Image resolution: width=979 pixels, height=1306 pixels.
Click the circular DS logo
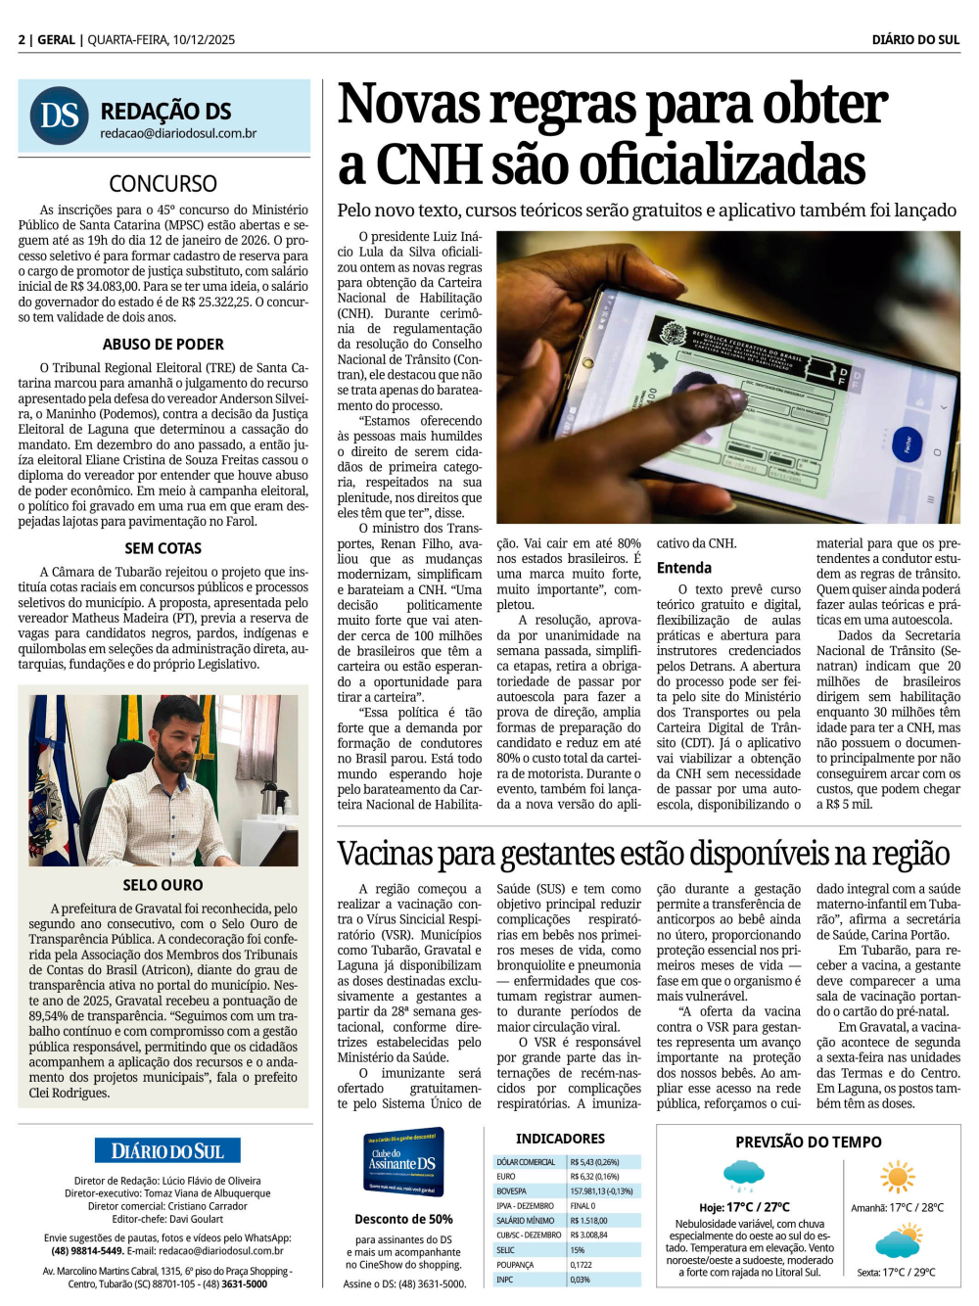(x=60, y=117)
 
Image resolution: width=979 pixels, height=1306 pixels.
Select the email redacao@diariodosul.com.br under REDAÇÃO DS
(x=178, y=133)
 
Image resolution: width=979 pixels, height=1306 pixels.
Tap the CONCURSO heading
(x=163, y=183)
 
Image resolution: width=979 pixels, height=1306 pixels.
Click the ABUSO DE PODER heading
(x=163, y=345)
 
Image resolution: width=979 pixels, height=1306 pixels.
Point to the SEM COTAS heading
(x=163, y=548)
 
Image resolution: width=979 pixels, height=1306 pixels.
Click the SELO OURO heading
(x=163, y=885)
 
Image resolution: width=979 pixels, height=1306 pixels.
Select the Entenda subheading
(x=683, y=568)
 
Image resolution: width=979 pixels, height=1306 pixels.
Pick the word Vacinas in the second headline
(x=386, y=854)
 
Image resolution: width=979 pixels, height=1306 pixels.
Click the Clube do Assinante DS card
(x=403, y=1162)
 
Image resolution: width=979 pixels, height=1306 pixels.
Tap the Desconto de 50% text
(x=403, y=1219)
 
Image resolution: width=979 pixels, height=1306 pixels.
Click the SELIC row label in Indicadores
(x=506, y=1250)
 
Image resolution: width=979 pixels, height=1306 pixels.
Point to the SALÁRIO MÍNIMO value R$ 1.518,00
(x=589, y=1221)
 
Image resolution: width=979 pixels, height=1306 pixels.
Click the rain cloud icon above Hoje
(x=744, y=1174)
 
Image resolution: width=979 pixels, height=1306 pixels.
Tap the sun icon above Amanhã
(x=897, y=1178)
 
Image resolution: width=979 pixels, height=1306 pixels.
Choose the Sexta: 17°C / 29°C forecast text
(x=896, y=1273)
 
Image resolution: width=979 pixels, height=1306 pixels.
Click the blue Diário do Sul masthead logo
(x=167, y=1151)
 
